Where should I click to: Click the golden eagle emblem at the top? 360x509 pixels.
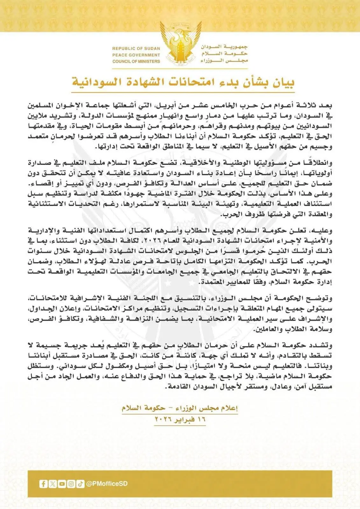coord(180,43)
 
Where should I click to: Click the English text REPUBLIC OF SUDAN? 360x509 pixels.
coord(136,48)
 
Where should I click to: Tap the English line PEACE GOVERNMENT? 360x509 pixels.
coord(136,55)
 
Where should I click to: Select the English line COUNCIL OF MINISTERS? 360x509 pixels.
coord(136,61)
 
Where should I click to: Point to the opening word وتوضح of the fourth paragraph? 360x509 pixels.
coord(321,299)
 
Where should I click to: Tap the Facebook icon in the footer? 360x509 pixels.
coord(43,484)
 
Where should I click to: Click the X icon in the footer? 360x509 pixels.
coord(53,484)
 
